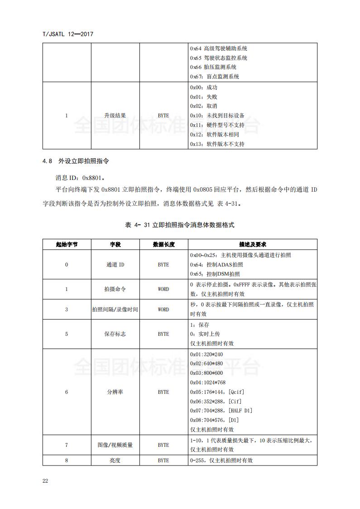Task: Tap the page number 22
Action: [x=45, y=481]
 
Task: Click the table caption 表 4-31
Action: [x=179, y=225]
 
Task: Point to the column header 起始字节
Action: [x=67, y=244]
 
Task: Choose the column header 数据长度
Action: [x=163, y=244]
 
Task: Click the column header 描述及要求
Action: [x=252, y=244]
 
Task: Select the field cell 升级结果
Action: [x=115, y=116]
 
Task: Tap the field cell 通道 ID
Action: [x=115, y=265]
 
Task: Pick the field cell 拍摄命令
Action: [x=115, y=289]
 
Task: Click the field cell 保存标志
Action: [x=115, y=334]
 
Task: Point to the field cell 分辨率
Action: [x=115, y=392]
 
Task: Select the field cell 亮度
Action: [x=115, y=460]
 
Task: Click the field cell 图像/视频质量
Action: [x=115, y=445]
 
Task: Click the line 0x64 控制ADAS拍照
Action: [x=216, y=265]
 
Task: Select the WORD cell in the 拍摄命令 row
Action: [x=163, y=289]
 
